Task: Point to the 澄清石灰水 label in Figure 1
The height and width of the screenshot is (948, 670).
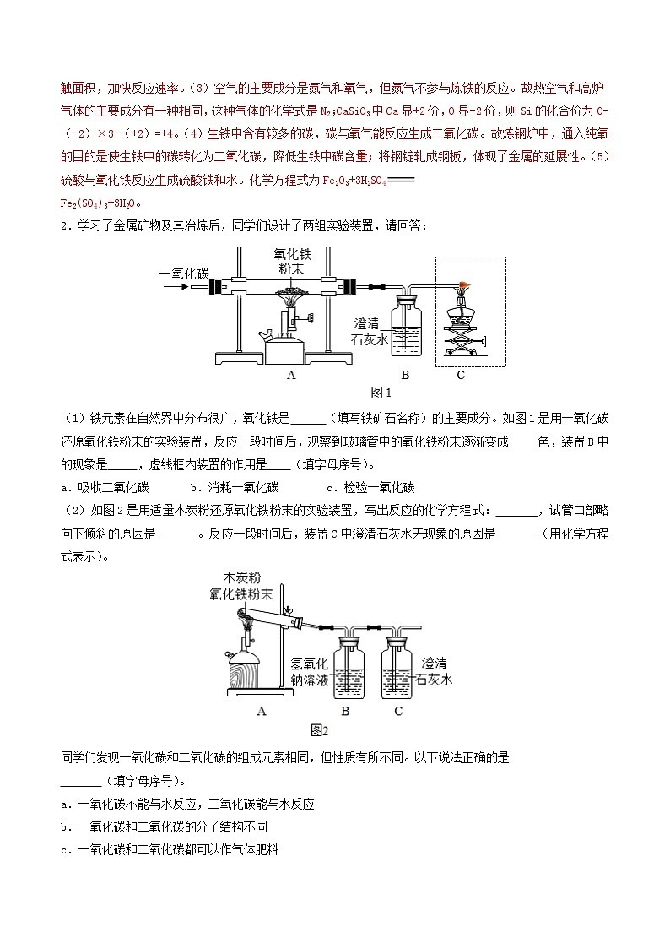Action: click(370, 331)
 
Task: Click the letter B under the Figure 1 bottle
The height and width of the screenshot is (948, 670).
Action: click(405, 375)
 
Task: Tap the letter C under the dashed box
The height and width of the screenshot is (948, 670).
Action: click(461, 375)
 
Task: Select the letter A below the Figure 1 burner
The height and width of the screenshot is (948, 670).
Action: click(291, 375)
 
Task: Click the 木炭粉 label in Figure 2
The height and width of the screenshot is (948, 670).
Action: click(242, 577)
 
